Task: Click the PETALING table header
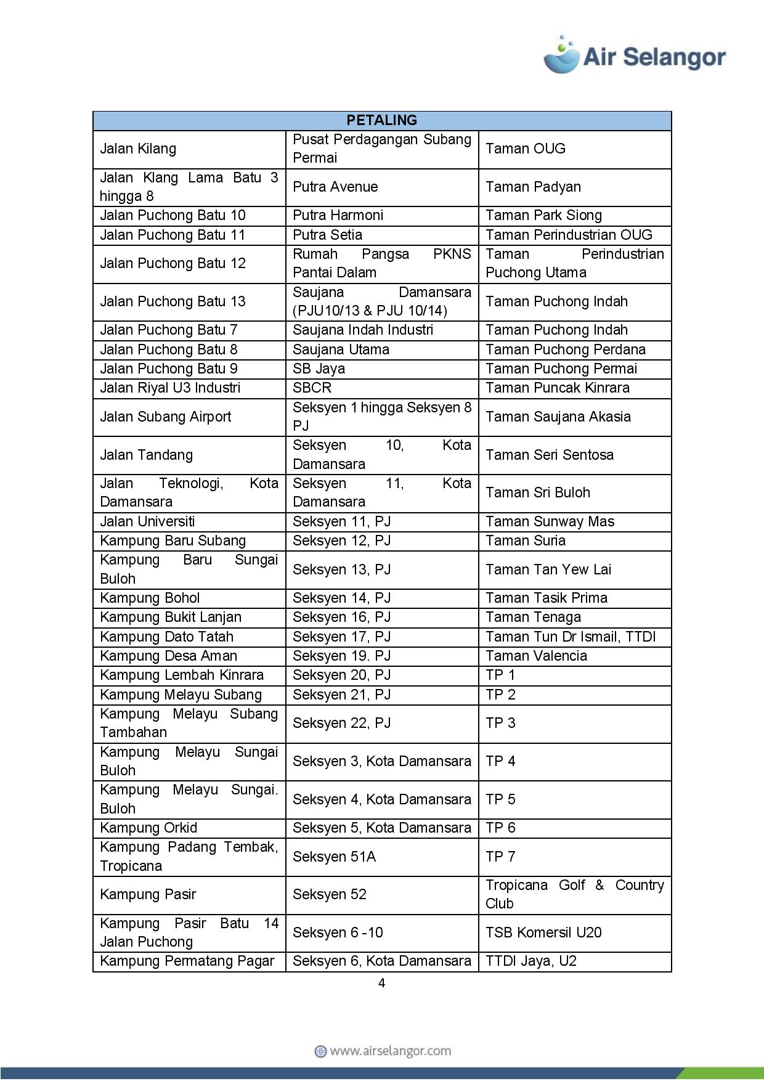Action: tap(381, 120)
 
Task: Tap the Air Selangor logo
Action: tap(634, 55)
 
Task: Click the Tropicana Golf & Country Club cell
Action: tap(574, 894)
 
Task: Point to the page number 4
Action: tap(381, 983)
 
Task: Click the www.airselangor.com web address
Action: tap(390, 1051)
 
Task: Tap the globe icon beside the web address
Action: tap(320, 1051)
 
